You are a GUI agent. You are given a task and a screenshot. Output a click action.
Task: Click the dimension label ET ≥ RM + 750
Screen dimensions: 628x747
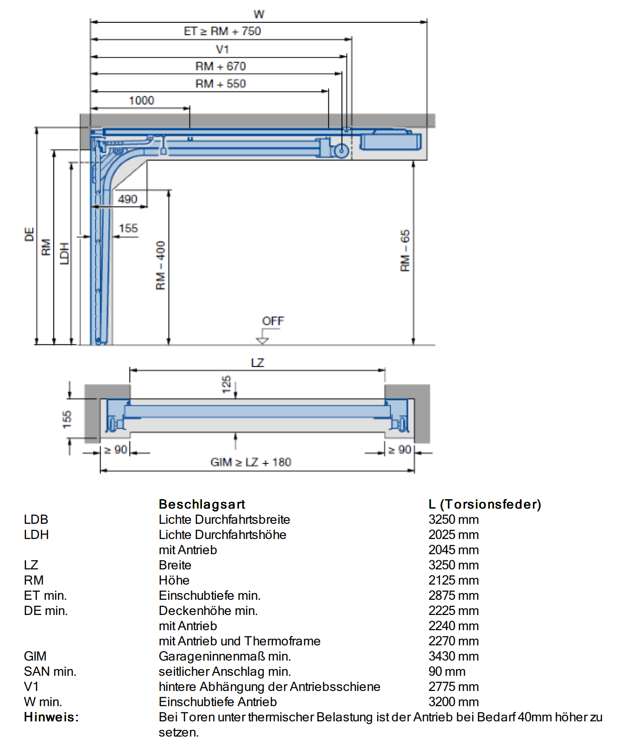[222, 31]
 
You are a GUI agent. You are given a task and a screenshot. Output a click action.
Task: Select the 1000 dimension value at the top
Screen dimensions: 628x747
[142, 101]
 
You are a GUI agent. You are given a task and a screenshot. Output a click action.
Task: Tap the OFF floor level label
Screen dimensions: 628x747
[273, 321]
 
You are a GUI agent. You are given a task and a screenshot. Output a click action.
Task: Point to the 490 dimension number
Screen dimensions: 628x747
[127, 199]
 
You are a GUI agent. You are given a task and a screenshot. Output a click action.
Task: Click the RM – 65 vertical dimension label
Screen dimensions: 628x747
[405, 250]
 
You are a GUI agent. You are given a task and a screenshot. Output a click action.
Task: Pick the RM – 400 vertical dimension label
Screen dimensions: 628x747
[161, 265]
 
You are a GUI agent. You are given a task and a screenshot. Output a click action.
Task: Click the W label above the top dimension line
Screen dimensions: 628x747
[259, 14]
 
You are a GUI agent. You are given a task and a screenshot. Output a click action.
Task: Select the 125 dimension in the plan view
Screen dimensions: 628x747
[227, 385]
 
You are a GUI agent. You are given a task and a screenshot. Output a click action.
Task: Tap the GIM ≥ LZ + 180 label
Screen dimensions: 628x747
[250, 462]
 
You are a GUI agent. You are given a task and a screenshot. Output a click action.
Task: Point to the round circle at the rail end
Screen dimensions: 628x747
[342, 151]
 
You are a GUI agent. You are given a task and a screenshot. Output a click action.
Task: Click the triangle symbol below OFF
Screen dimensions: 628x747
[262, 341]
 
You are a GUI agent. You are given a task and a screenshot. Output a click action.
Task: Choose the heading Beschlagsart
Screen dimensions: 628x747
[202, 504]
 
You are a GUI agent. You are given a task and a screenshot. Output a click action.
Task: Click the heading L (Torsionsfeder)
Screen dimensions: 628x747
[485, 504]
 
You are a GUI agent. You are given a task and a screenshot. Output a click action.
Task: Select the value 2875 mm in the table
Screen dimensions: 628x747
[453, 596]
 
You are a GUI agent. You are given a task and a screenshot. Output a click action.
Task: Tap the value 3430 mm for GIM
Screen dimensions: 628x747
[453, 656]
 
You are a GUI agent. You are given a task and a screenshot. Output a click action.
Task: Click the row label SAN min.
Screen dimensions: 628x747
[50, 671]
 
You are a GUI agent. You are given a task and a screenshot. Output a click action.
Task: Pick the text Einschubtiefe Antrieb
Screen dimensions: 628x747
[218, 702]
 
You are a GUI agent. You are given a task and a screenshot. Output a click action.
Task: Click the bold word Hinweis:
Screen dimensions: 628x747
[51, 717]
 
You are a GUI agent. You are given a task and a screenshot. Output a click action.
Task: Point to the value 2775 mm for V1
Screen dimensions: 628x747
[453, 687]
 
